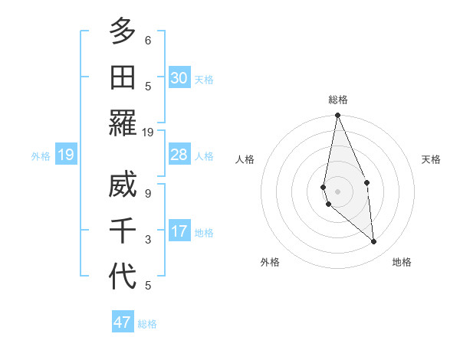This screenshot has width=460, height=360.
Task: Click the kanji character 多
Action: (123, 33)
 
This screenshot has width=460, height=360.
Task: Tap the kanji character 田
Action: (123, 77)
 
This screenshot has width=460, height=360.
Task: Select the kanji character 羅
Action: (123, 123)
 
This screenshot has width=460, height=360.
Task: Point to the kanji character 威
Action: (123, 186)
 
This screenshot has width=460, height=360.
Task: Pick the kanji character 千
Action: (123, 231)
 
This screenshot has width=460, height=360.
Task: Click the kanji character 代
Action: (123, 276)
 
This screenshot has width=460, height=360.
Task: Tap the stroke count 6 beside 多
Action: (148, 41)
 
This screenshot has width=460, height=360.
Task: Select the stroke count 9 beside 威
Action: (148, 194)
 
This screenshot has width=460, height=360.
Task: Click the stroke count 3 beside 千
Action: (148, 240)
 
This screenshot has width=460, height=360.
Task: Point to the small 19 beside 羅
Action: (148, 132)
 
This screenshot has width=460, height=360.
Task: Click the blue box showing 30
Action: (179, 78)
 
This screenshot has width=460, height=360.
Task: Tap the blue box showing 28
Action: (179, 155)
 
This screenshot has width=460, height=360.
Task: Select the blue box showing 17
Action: (179, 231)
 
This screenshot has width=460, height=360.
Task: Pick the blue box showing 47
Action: (123, 322)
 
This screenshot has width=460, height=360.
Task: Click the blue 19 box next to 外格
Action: (65, 155)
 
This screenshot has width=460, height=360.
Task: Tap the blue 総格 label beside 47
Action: (148, 324)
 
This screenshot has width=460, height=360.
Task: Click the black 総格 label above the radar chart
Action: (338, 100)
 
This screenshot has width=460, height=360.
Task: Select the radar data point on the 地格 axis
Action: (374, 242)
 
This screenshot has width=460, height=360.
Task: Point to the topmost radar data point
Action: (337, 116)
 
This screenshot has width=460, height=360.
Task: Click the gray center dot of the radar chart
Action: (337, 191)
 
